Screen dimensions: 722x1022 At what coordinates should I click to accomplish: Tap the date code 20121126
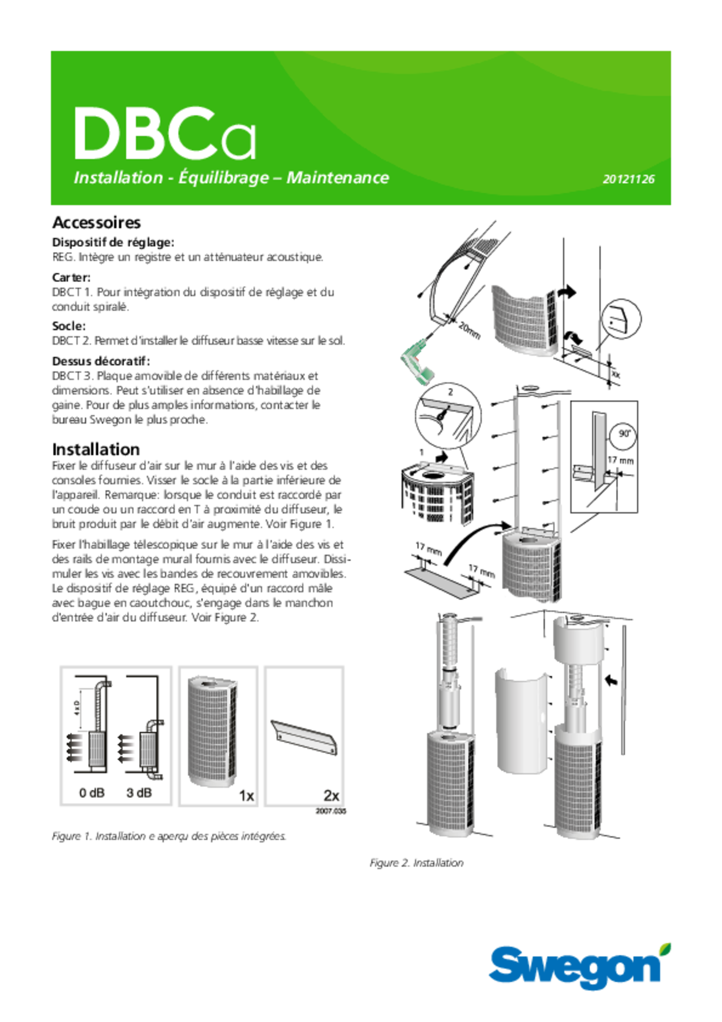[629, 179]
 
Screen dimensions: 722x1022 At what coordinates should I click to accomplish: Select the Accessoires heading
[97, 223]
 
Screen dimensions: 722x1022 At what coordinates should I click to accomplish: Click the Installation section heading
[96, 449]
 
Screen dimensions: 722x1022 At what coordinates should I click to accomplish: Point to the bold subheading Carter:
[71, 277]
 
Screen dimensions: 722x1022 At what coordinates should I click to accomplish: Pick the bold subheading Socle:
[69, 325]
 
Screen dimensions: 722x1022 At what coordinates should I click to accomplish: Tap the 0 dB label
[92, 793]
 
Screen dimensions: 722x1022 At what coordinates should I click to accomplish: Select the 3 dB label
[139, 793]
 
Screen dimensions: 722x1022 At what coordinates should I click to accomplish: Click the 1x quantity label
[246, 796]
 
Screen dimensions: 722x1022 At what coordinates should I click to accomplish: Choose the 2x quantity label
[332, 795]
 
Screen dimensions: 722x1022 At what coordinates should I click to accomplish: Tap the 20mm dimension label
[470, 330]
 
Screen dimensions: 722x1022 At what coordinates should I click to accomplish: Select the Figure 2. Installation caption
[417, 863]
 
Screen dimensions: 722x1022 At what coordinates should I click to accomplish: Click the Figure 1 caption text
[169, 836]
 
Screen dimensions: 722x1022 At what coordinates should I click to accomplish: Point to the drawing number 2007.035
[331, 811]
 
